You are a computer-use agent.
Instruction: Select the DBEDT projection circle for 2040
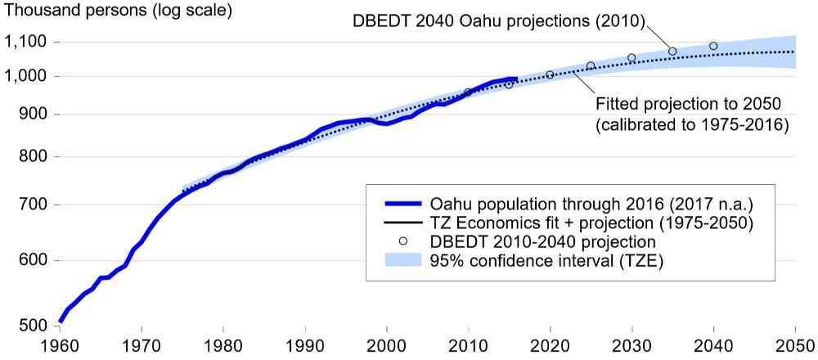coord(713,47)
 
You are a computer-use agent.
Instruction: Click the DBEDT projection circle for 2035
coord(672,52)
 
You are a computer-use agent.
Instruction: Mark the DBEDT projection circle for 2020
coord(550,74)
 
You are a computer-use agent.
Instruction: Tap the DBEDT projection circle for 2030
coord(631,57)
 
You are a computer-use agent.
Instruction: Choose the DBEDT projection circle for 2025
coord(591,65)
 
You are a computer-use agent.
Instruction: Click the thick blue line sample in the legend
coord(402,204)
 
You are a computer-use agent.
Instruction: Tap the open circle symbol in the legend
coord(402,241)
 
